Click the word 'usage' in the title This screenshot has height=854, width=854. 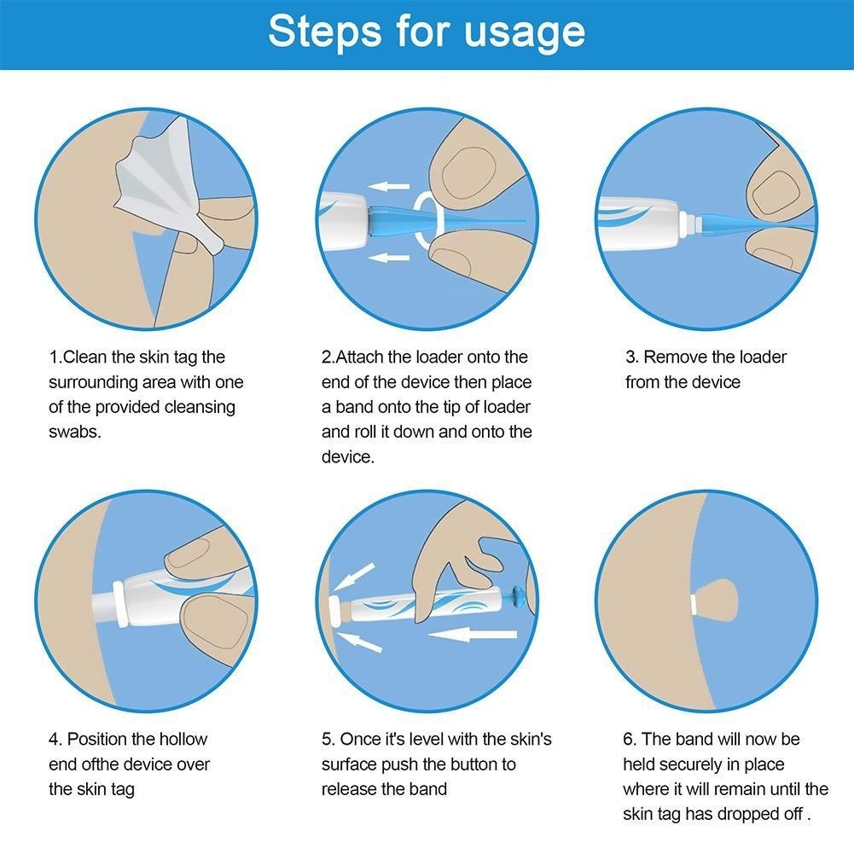[x=525, y=32]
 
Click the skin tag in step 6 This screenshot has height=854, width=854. [x=714, y=601]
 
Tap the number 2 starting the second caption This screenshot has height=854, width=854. [x=327, y=357]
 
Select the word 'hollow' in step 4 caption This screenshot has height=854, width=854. [x=182, y=739]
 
